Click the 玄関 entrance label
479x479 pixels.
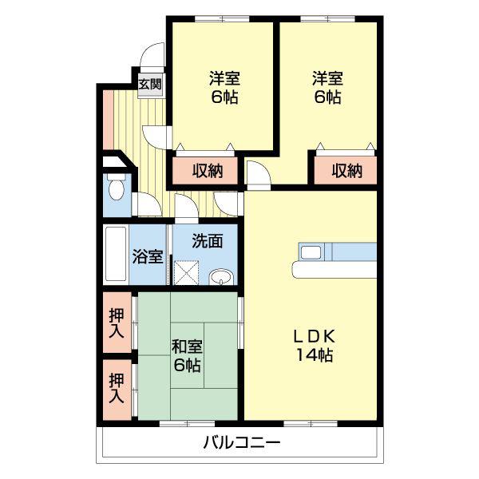(150, 84)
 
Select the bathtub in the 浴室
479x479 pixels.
(116, 254)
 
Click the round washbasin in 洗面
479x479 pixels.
(221, 276)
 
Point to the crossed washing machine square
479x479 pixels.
(186, 273)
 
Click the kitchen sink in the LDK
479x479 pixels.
(311, 252)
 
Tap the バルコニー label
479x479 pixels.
(242, 442)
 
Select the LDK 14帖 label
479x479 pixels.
(315, 346)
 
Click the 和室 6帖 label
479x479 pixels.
(187, 356)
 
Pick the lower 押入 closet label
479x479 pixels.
(117, 388)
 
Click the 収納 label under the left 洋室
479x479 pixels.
(208, 171)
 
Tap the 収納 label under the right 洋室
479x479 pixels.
(347, 171)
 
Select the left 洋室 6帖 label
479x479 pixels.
(224, 88)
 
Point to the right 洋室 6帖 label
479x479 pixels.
(328, 88)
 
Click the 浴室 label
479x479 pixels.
(148, 257)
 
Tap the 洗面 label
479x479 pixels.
(208, 241)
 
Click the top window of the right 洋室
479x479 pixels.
(328, 19)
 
